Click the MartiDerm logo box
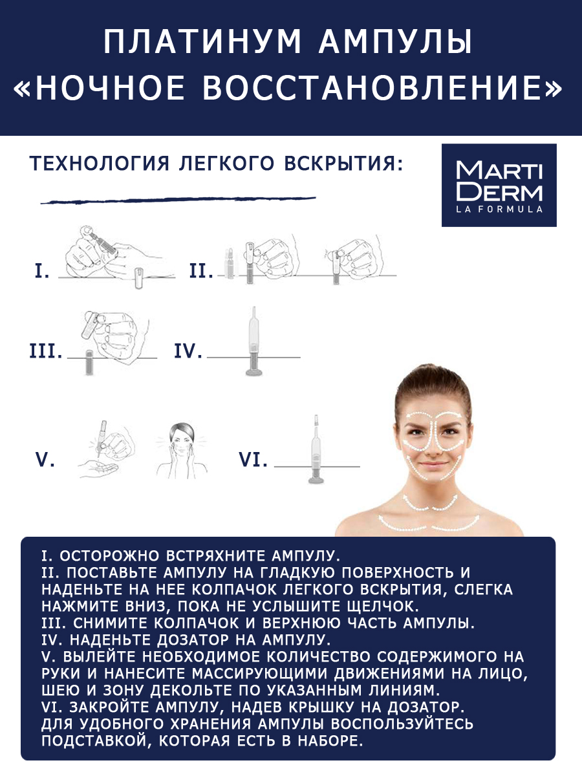point(498,185)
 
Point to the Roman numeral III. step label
point(46,352)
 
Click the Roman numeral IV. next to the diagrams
point(188,352)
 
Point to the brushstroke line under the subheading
point(178,200)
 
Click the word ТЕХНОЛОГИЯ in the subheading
point(98,164)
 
